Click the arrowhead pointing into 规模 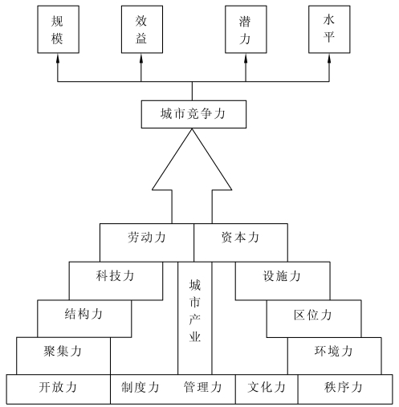(x=58, y=59)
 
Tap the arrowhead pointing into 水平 (x=329, y=59)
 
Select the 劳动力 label (x=147, y=238)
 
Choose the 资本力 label (x=240, y=238)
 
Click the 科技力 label (x=115, y=275)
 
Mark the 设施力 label (x=282, y=276)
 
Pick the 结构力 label (x=83, y=314)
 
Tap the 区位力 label (x=312, y=315)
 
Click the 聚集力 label (x=63, y=351)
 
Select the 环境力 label (x=333, y=351)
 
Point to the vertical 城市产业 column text (x=195, y=311)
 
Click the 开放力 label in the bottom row (x=58, y=387)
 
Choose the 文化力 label (x=267, y=387)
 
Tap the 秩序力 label (x=344, y=387)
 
